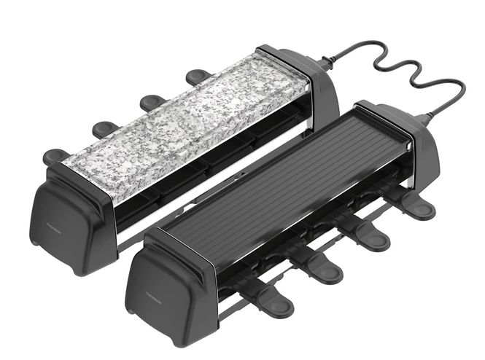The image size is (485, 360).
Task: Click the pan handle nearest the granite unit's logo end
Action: tap(54, 155)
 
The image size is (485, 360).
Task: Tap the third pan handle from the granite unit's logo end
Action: tap(152, 101)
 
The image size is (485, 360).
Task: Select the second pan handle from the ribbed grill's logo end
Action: tap(319, 268)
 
